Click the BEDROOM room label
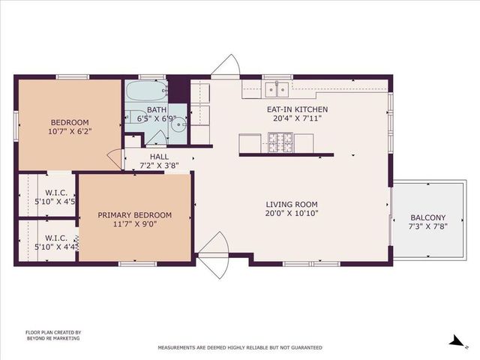click(70, 122)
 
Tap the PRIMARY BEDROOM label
click(135, 215)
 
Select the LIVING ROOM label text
click(292, 204)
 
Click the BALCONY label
click(427, 217)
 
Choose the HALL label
click(158, 157)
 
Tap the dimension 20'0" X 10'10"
click(292, 213)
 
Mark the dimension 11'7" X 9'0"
click(135, 224)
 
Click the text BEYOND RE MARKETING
click(52, 338)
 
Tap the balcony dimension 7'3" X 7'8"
click(427, 226)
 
